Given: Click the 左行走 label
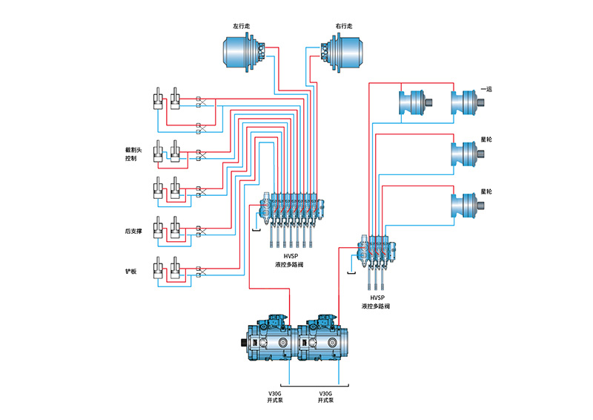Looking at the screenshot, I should coord(242,27).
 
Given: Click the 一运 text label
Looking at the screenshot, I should coord(486,89).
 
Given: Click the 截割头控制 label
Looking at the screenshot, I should coord(132,154).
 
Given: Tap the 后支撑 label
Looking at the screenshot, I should coord(133,230).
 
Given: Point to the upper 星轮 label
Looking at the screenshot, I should coord(486,139).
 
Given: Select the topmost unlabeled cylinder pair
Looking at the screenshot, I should coord(167,100).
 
